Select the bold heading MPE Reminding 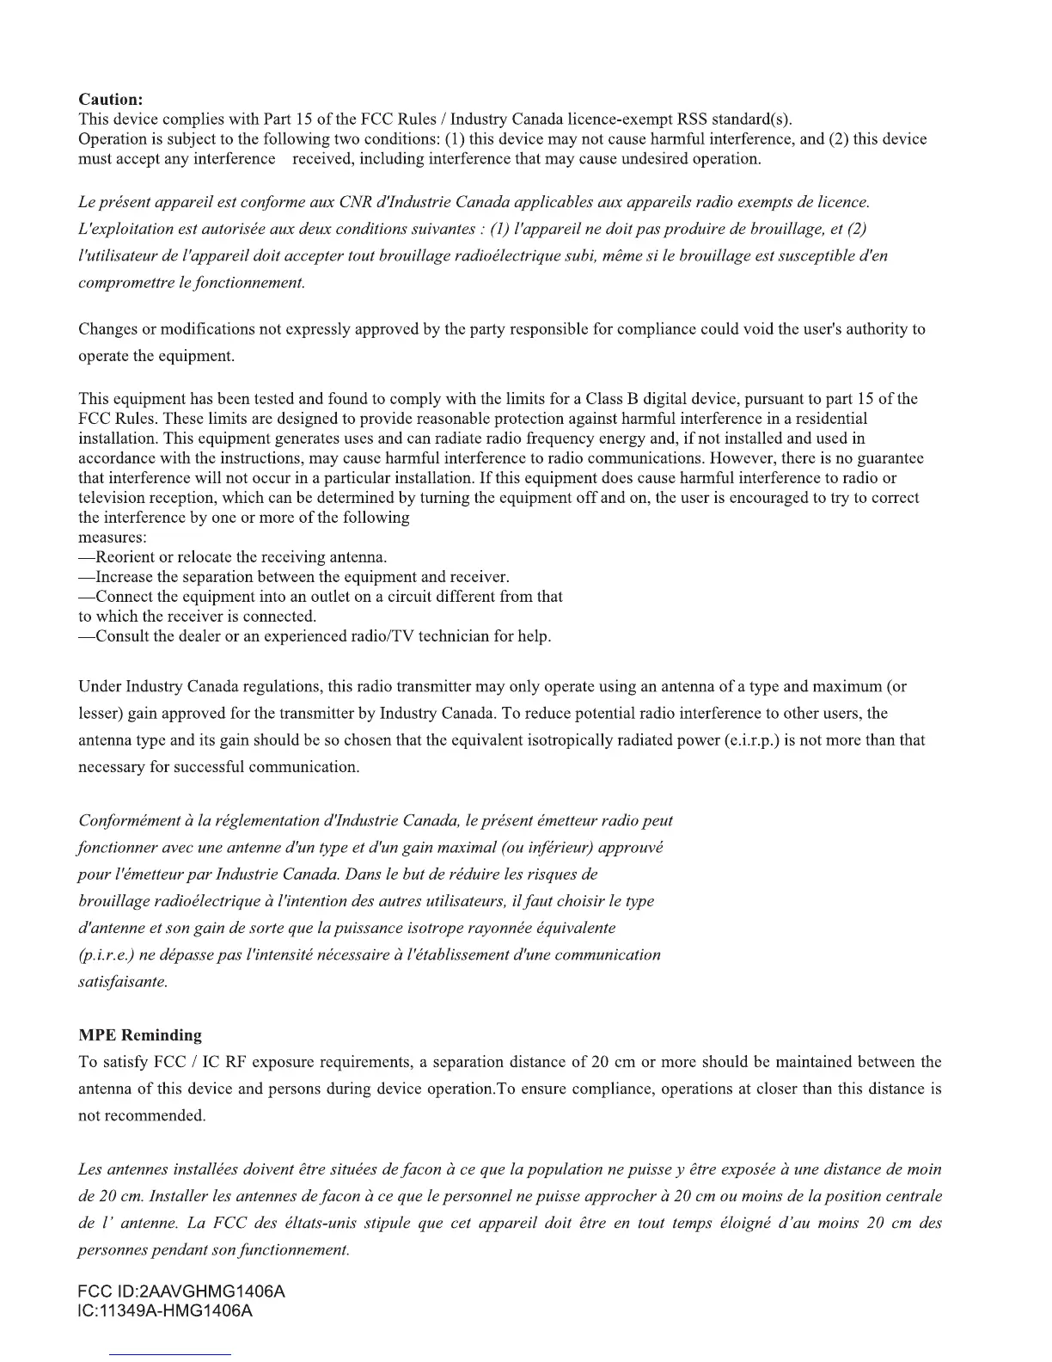[x=140, y=1035]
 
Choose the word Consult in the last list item [x=122, y=636]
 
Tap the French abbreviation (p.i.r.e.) [x=107, y=954]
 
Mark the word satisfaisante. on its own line [x=123, y=981]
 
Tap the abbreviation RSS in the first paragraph [x=693, y=119]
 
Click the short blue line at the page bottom [x=170, y=1354]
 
